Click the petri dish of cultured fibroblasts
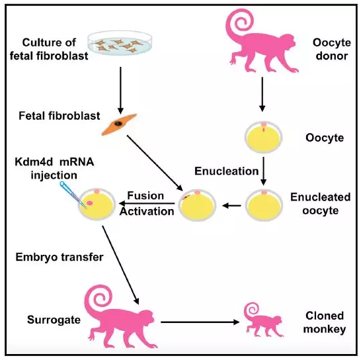[120, 43]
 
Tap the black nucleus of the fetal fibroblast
[118, 124]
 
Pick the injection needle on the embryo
[73, 195]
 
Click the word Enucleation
[227, 171]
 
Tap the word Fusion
[145, 196]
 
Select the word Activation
[147, 211]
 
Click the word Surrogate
[54, 320]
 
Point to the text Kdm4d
[34, 161]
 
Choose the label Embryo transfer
[60, 257]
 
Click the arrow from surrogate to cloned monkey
[200, 322]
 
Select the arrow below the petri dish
[120, 91]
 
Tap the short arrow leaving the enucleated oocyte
[232, 205]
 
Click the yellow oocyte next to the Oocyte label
[263, 137]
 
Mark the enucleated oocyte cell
[264, 205]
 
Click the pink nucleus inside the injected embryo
[89, 202]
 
